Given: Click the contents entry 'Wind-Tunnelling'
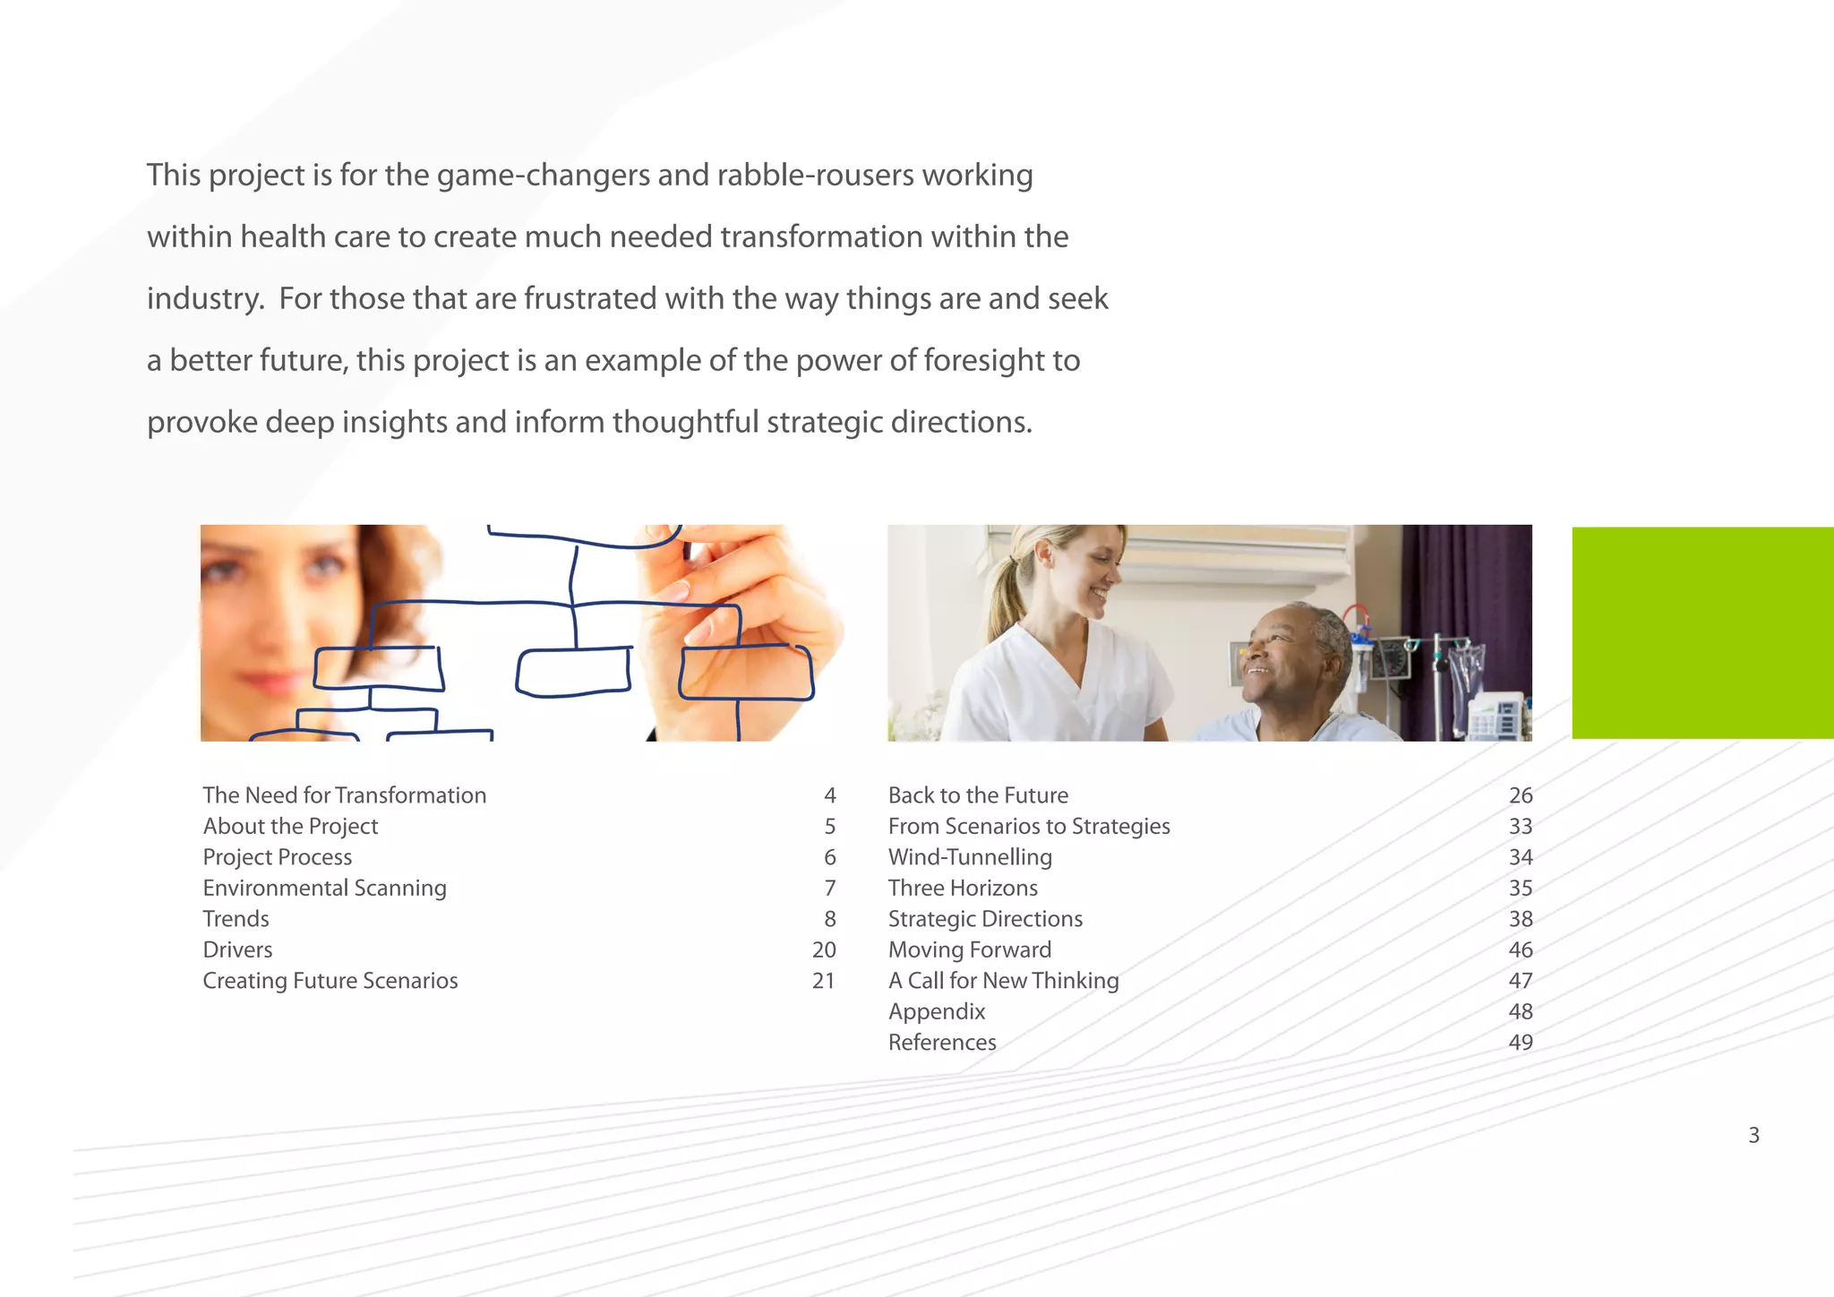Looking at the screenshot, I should click(970, 857).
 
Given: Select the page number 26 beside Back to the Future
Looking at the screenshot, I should click(1520, 795).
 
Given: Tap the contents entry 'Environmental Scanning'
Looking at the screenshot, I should click(324, 888).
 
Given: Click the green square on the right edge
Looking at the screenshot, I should click(1702, 632).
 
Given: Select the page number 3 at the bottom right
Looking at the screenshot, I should click(1753, 1136).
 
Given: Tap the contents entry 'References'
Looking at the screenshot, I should click(942, 1043).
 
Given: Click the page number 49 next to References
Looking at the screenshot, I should click(1520, 1043).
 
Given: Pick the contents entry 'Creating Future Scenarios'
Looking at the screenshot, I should click(330, 981).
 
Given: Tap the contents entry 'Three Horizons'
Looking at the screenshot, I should click(963, 888).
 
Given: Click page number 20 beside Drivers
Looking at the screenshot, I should click(823, 949).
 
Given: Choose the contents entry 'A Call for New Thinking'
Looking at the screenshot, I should click(1003, 981).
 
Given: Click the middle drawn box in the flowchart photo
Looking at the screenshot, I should click(573, 672).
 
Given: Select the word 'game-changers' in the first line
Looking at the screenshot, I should click(543, 175).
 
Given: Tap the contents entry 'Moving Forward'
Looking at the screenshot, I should click(969, 949).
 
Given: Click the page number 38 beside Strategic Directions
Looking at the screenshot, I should click(1520, 919).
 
